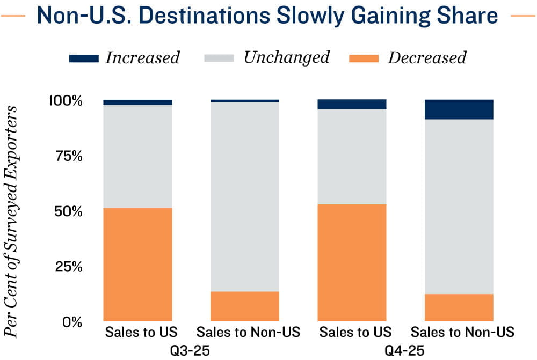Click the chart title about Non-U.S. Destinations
click(267, 16)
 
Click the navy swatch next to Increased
click(84, 58)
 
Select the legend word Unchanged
click(286, 57)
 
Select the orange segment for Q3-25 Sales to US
click(137, 265)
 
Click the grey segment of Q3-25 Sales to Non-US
click(244, 196)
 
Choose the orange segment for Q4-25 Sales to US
click(352, 262)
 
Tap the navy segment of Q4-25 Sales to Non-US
click(459, 109)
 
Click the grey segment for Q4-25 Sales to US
click(352, 157)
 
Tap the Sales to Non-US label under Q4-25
click(462, 332)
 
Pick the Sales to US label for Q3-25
click(141, 332)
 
